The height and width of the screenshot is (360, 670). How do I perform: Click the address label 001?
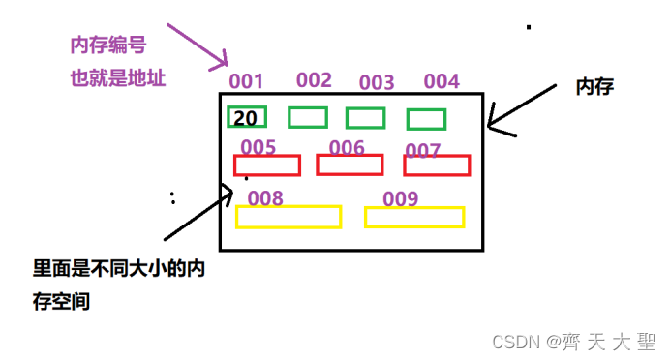coord(247,82)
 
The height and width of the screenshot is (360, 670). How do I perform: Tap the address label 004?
coord(442,81)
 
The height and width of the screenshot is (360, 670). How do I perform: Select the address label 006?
coord(347,147)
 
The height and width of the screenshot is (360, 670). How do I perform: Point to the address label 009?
coord(400,199)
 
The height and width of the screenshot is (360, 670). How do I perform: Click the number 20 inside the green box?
coord(246,118)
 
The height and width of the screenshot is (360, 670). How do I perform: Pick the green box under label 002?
coord(308,117)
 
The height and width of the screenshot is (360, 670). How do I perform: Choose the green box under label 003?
coord(366,118)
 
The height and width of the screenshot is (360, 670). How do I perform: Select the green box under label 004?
coord(426,119)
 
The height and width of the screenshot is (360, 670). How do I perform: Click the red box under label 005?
coord(267,165)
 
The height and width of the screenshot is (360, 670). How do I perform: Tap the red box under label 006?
coord(350,165)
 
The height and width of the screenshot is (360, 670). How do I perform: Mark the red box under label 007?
coord(437,165)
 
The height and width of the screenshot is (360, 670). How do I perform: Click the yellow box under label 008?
coord(289,217)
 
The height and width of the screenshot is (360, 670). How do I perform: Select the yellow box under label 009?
coord(414,217)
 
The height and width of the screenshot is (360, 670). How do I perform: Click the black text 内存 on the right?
coord(596,87)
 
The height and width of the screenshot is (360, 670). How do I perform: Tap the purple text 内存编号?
coord(108,45)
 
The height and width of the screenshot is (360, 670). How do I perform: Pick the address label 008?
coord(265,198)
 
